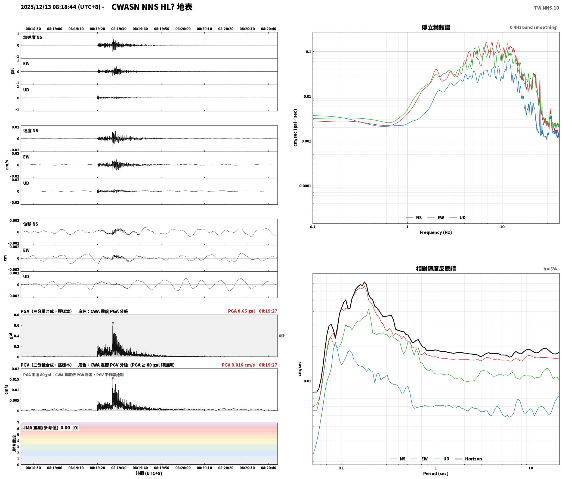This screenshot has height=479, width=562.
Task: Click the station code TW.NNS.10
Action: (546, 8)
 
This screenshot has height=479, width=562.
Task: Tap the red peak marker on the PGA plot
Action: (113, 323)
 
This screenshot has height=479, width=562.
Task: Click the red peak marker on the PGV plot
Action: (113, 378)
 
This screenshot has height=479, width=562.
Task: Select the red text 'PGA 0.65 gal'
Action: (241, 311)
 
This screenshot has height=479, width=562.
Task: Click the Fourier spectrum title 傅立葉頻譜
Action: (436, 27)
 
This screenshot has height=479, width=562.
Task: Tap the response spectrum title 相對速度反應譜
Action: (436, 269)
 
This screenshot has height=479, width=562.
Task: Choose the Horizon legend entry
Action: (468, 459)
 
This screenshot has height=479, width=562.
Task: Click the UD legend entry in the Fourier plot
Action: (458, 217)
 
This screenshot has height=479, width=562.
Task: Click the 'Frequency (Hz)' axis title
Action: (436, 232)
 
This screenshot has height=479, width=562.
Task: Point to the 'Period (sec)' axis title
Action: (436, 473)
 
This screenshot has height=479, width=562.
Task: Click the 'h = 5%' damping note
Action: (550, 269)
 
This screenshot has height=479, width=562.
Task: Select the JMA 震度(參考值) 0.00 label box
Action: (51, 428)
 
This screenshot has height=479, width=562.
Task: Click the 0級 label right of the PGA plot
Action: (282, 336)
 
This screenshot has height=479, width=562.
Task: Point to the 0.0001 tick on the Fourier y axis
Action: (305, 186)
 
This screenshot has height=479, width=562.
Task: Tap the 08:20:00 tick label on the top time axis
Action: (183, 29)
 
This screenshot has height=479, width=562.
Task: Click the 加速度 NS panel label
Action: (33, 37)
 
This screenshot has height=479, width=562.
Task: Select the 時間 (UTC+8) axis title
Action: (149, 473)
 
